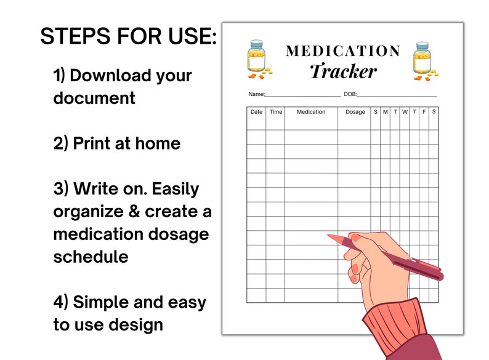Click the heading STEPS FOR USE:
click(128, 37)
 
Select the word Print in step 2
click(95, 143)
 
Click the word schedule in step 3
click(91, 257)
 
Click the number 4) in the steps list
click(62, 302)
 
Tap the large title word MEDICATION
click(343, 51)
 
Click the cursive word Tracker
click(343, 71)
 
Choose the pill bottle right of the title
click(423, 60)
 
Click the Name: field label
click(256, 94)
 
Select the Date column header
click(256, 112)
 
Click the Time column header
click(275, 112)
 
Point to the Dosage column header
click(355, 112)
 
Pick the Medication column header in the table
click(311, 112)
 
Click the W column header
click(405, 112)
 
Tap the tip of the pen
click(329, 236)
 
